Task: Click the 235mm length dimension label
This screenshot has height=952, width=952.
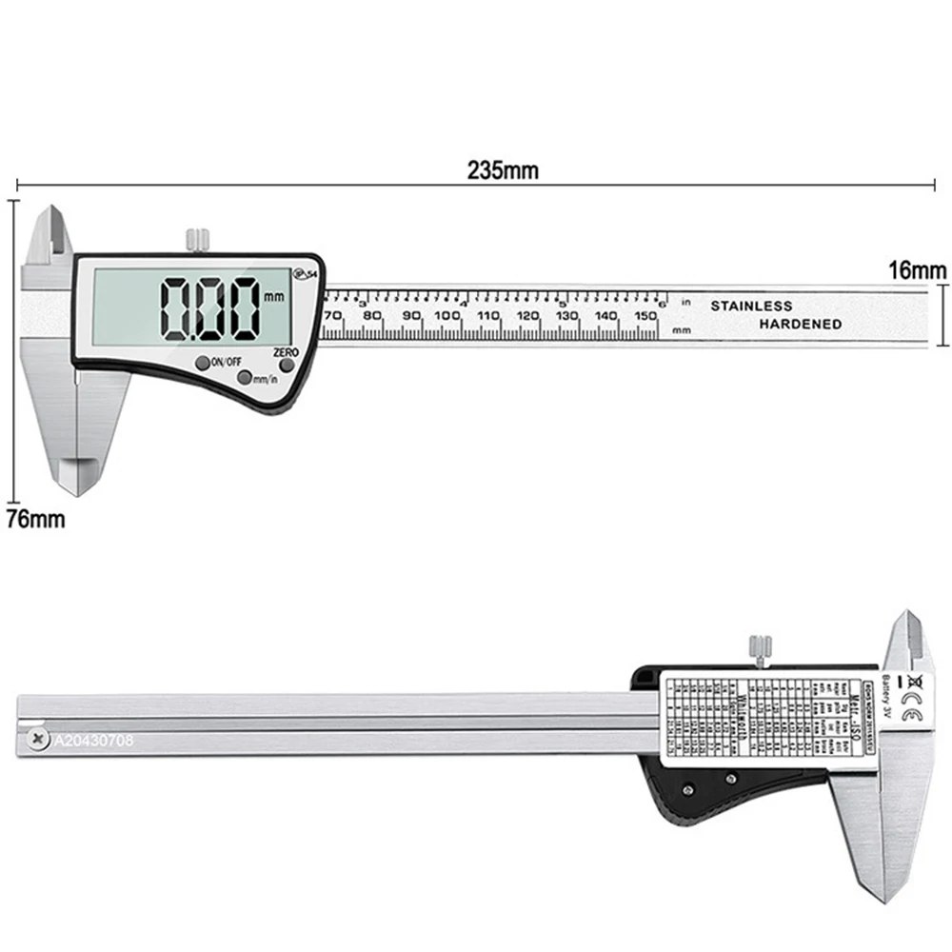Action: tap(503, 170)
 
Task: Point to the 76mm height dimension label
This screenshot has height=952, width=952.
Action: tap(31, 520)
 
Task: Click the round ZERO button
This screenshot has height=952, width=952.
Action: tap(286, 366)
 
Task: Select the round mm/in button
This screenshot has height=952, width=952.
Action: tap(245, 378)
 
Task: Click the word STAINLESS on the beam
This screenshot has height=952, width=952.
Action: tap(751, 306)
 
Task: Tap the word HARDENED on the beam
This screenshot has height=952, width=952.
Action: tap(801, 324)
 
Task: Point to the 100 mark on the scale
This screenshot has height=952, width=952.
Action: tap(446, 316)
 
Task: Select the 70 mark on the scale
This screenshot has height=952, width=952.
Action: tap(333, 316)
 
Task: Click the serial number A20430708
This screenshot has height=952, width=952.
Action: tap(92, 738)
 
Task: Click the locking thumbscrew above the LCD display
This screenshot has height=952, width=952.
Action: tap(196, 239)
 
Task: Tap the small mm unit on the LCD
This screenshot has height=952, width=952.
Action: tap(276, 296)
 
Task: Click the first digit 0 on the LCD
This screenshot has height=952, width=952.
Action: tap(178, 308)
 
